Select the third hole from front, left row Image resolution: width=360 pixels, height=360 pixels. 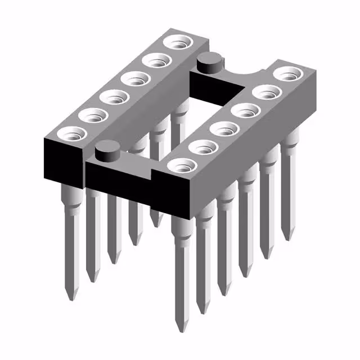[114, 97]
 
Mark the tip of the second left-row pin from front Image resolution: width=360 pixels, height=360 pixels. [92, 278]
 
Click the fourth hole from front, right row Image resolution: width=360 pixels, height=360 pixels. [246, 110]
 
